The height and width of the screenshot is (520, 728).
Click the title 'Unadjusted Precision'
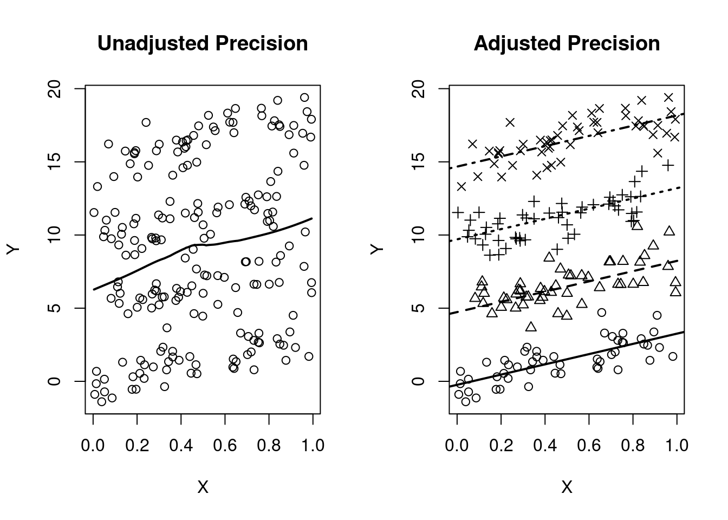(x=203, y=44)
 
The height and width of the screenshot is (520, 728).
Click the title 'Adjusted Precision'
(x=567, y=44)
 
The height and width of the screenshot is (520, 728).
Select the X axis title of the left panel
(x=203, y=487)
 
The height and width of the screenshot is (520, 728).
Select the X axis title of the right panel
(x=567, y=487)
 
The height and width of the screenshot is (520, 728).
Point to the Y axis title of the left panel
(x=13, y=249)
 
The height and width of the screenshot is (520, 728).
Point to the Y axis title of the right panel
(x=377, y=249)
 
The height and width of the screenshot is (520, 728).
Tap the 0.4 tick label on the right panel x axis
(x=545, y=445)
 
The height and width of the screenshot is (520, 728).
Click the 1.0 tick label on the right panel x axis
(x=677, y=445)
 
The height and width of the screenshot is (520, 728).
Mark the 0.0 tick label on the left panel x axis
(x=93, y=445)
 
